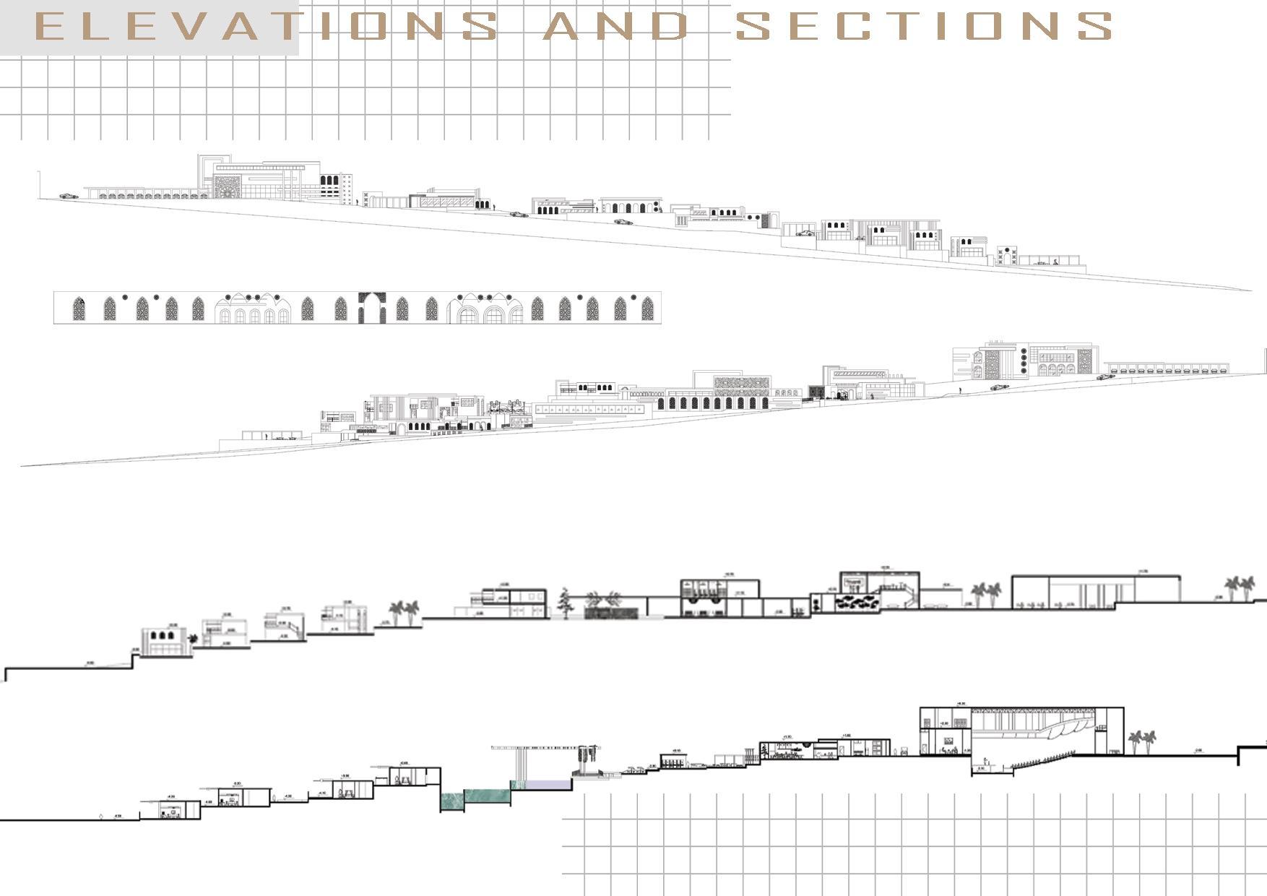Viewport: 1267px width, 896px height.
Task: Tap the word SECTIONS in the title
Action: pyautogui.click(x=923, y=27)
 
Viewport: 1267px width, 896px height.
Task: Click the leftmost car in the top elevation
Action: pyautogui.click(x=68, y=196)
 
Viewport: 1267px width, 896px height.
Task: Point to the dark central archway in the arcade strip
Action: pyautogui.click(x=373, y=307)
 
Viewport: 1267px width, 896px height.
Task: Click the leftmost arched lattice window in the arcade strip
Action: pyautogui.click(x=79, y=309)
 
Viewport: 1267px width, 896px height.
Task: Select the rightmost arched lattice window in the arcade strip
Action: pyautogui.click(x=647, y=309)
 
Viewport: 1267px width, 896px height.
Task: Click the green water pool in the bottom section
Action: pyautogui.click(x=475, y=798)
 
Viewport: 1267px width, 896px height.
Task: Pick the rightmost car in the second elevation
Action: pyautogui.click(x=1105, y=376)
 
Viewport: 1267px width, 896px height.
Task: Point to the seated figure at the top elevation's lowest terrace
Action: pyautogui.click(x=1056, y=262)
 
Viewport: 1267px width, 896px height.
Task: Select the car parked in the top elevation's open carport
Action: pyautogui.click(x=804, y=233)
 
